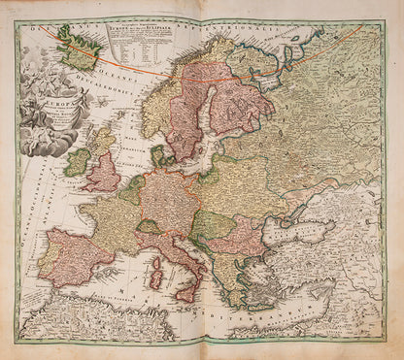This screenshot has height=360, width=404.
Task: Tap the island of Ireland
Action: pos(78,160)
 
